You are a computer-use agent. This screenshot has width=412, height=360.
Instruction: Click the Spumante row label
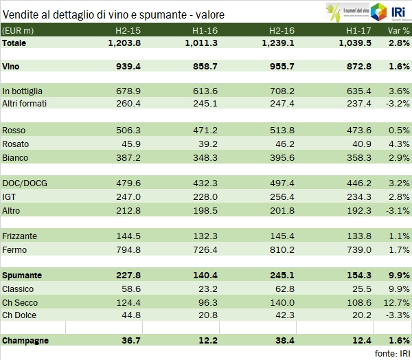22,275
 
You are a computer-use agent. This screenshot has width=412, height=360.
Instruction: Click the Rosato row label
16,144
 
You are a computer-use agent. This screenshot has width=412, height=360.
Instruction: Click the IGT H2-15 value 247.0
126,196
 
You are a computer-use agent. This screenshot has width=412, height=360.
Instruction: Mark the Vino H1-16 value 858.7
202,67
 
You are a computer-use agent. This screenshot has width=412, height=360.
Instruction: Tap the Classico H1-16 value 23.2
205,289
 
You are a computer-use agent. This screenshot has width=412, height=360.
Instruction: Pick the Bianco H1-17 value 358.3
357,158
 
